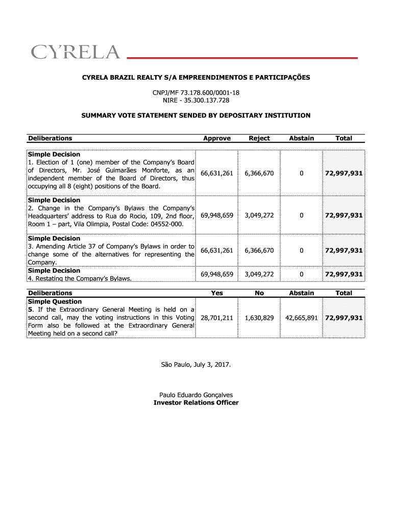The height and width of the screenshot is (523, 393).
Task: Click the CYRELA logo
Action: (x=76, y=52)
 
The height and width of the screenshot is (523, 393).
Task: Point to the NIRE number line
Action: (x=196, y=100)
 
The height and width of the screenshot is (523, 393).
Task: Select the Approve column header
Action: (x=217, y=138)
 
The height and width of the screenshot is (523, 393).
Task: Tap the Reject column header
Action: (x=259, y=138)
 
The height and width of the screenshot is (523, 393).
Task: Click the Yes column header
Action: (x=217, y=293)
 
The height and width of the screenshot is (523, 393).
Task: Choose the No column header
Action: (x=259, y=293)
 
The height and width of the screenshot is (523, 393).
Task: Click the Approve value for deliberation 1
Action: (x=217, y=174)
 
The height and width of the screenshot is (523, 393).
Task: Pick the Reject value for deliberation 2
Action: (x=259, y=215)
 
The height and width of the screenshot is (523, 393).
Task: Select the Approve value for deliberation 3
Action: (x=217, y=250)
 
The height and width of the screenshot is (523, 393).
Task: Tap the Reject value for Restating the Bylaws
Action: (x=259, y=274)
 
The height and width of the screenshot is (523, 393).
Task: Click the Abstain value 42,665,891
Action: (x=302, y=318)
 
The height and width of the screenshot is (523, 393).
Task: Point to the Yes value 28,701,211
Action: (x=217, y=318)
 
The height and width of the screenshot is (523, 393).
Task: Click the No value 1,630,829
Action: (x=259, y=318)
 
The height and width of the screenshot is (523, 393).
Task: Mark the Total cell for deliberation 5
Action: (x=344, y=318)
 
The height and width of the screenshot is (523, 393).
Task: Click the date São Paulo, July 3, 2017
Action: (x=196, y=365)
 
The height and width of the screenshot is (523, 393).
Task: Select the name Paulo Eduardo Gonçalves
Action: (x=196, y=395)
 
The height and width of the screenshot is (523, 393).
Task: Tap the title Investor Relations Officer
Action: (x=196, y=402)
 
